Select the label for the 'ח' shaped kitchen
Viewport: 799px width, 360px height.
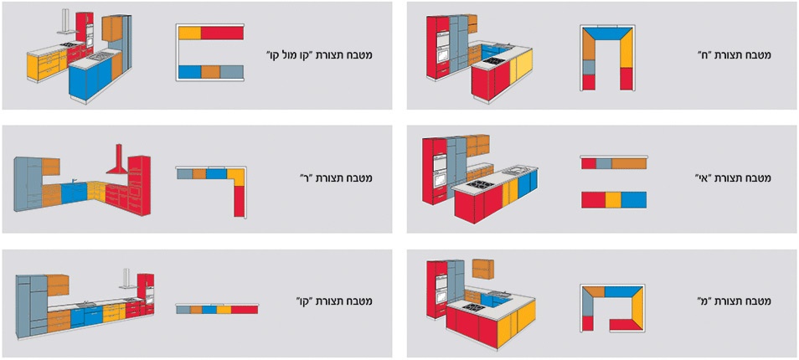point(734,54)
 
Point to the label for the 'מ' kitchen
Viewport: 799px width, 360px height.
point(735,302)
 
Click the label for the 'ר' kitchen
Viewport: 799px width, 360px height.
point(337,178)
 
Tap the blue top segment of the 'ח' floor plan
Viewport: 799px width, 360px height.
point(608,33)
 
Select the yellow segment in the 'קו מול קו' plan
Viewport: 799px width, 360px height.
point(189,33)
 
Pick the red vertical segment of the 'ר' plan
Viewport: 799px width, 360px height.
point(240,201)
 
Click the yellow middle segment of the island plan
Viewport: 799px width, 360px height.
point(612,199)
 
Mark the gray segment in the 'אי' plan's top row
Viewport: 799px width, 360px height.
point(604,163)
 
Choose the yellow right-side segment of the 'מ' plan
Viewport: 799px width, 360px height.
point(637,309)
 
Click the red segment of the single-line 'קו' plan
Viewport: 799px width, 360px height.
point(245,310)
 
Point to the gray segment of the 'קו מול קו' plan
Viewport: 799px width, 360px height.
point(232,72)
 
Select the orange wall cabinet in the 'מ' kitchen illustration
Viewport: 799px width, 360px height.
point(482,269)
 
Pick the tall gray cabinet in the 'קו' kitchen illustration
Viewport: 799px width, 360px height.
point(32,305)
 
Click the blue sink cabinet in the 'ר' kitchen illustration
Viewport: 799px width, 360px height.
point(75,193)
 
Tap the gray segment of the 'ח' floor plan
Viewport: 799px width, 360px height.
point(589,67)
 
